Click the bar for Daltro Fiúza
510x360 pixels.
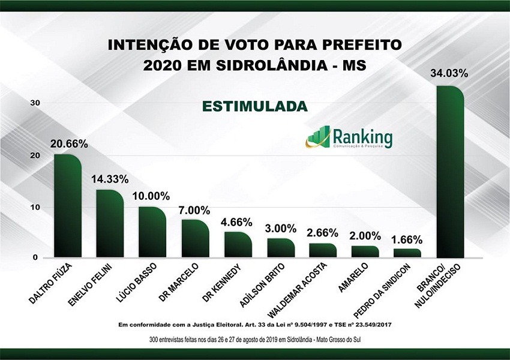67,207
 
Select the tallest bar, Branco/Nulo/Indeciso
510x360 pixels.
451,174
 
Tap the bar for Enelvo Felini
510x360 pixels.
110,225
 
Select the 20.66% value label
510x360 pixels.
69,144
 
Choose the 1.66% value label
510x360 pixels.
409,239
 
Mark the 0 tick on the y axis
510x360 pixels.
37,257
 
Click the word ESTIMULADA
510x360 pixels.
254,107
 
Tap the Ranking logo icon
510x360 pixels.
319,137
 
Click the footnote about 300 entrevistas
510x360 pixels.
254,340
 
